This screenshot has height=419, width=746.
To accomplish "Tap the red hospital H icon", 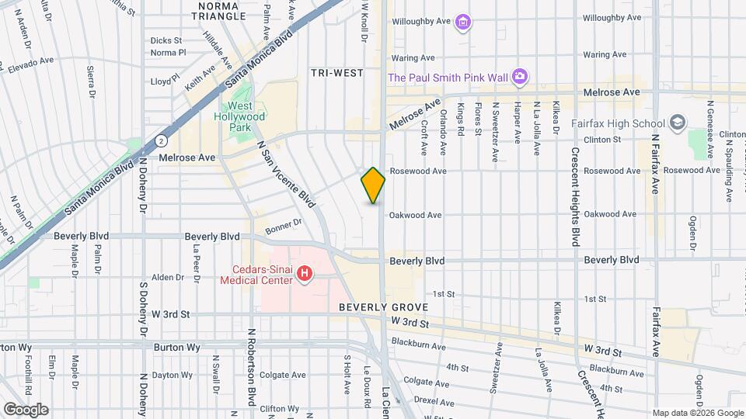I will pyautogui.click(x=305, y=274).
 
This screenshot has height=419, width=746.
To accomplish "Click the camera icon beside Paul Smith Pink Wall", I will pyautogui.click(x=520, y=77).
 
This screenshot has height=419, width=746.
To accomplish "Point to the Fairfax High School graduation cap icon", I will pyautogui.click(x=678, y=123).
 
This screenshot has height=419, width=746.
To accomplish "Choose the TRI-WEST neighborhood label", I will pyautogui.click(x=337, y=73).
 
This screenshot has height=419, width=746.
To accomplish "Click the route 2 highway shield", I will pyautogui.click(x=161, y=140).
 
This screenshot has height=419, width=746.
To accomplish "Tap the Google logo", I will pyautogui.click(x=26, y=409).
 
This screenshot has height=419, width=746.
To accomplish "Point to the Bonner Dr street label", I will pyautogui.click(x=283, y=226).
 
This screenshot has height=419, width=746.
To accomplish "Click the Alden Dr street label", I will pyautogui.click(x=167, y=277).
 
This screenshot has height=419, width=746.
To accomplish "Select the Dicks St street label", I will pyautogui.click(x=166, y=40).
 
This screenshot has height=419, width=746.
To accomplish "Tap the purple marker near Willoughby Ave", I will pyautogui.click(x=463, y=22).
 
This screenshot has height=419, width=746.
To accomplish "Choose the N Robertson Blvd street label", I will pyautogui.click(x=252, y=372).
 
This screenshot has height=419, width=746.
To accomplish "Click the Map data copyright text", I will pyautogui.click(x=696, y=412).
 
